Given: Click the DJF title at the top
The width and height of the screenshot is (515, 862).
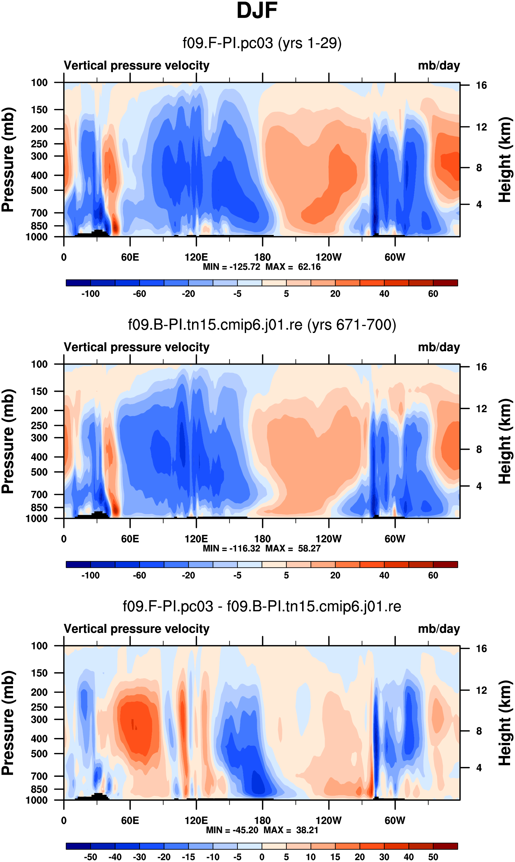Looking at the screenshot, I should [x=257, y=10].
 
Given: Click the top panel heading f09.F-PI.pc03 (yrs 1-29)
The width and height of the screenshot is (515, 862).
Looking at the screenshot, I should [x=262, y=43].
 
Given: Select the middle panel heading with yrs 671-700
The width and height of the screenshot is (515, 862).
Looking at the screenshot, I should [x=262, y=325].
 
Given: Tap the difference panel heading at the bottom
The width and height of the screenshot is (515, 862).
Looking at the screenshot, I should [x=262, y=606].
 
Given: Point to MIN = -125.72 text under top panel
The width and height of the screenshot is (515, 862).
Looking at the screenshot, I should [x=231, y=267].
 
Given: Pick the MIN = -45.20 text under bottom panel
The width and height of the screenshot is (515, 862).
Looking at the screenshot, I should [x=232, y=830].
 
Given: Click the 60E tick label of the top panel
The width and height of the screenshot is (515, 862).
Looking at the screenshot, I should [x=130, y=257].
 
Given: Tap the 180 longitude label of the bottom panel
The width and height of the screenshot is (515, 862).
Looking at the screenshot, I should [x=262, y=820].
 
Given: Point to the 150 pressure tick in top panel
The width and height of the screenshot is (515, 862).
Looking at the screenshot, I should [x=39, y=110].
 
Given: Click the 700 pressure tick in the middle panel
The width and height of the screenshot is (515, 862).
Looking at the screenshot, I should [x=39, y=494].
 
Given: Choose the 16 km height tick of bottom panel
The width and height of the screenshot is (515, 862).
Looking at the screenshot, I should [x=481, y=648].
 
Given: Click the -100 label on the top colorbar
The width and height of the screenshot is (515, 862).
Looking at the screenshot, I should [x=90, y=294].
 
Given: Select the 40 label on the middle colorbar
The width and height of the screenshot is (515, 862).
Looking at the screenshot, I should [x=384, y=575].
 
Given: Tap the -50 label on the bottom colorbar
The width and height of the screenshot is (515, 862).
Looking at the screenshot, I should [x=90, y=857].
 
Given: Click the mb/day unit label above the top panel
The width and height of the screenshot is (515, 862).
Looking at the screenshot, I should [x=439, y=65].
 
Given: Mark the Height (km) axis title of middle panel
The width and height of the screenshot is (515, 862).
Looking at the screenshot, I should [x=505, y=441].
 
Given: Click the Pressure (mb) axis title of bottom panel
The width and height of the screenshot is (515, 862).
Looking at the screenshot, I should [x=8, y=723].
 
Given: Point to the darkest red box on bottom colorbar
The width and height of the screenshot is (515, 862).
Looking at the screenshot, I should [x=445, y=846].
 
